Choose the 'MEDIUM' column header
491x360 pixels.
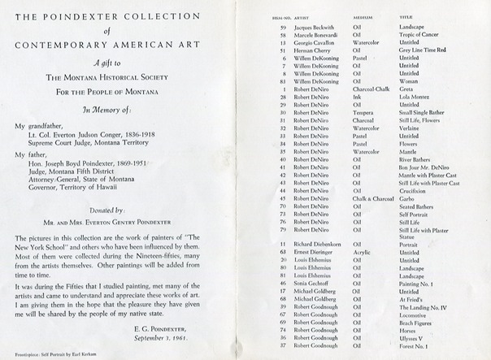tap(363, 16)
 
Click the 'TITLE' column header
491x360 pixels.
tap(407, 16)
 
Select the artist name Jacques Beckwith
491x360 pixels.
tap(317, 28)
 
